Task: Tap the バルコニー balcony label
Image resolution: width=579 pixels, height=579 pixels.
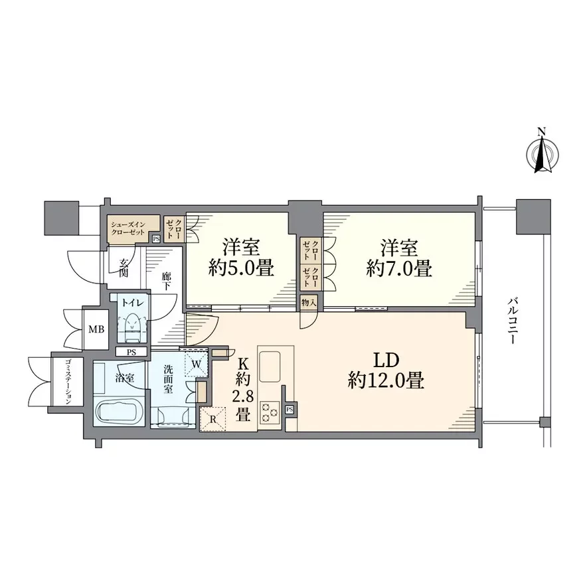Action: click(x=512, y=321)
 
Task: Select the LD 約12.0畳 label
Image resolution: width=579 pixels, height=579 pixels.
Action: click(x=386, y=371)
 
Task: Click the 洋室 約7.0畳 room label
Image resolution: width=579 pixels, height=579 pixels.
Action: click(x=399, y=258)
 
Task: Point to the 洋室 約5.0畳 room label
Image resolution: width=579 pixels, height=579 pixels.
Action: click(x=241, y=258)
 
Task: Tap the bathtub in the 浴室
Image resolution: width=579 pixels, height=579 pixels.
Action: click(x=117, y=413)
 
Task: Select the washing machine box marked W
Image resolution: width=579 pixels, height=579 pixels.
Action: click(x=197, y=363)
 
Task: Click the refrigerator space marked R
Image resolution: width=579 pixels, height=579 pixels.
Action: click(x=212, y=419)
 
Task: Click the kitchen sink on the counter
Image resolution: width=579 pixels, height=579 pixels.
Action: click(x=270, y=367)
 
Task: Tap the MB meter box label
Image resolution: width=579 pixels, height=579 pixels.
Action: click(x=96, y=329)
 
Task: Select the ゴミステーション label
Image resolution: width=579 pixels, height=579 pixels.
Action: click(x=67, y=381)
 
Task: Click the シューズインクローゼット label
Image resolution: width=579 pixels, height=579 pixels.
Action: click(x=128, y=228)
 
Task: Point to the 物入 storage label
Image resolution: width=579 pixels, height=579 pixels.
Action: click(x=309, y=303)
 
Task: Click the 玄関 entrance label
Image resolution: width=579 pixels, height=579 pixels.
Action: click(x=124, y=268)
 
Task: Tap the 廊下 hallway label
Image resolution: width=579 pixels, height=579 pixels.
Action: click(x=165, y=282)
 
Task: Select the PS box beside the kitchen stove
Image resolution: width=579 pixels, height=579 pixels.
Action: click(x=289, y=409)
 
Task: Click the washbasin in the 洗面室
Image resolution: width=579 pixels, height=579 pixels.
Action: click(x=173, y=416)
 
